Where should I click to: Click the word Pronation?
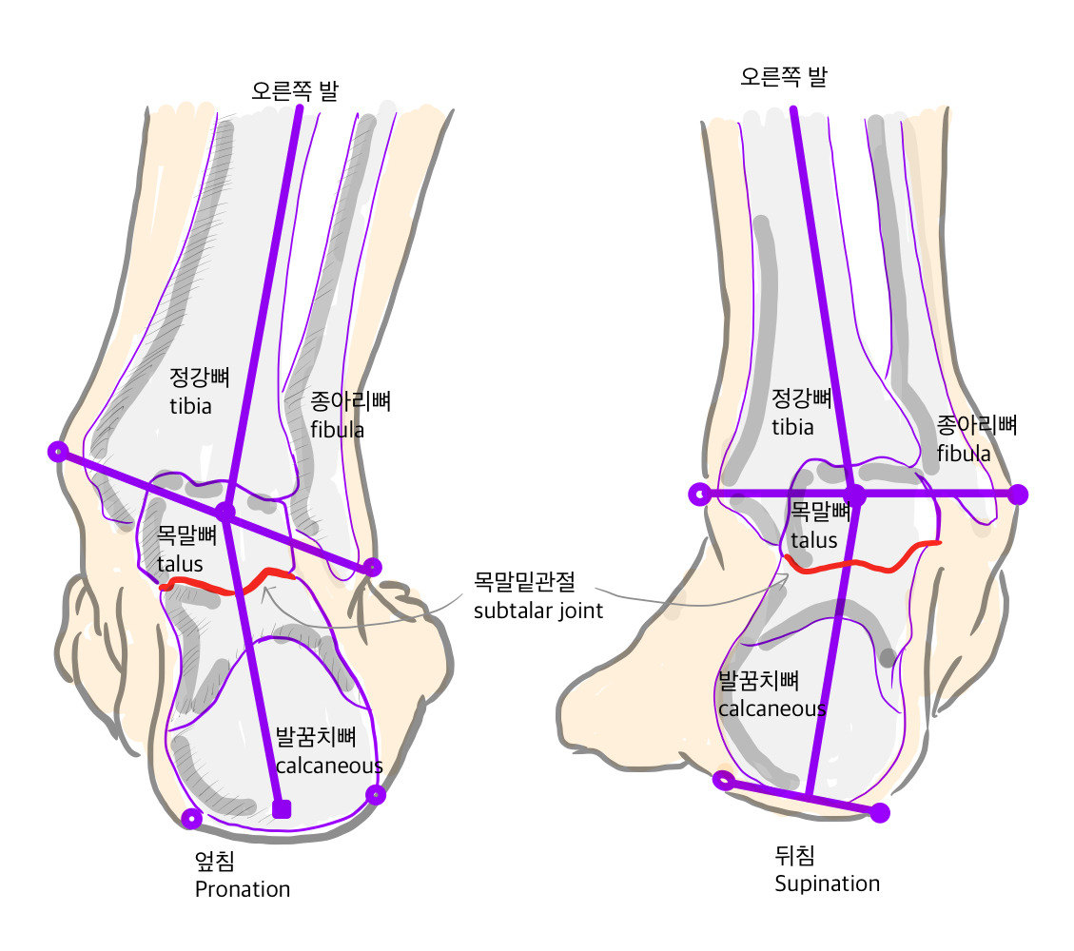242,890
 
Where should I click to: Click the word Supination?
827,884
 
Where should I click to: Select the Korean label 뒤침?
794,856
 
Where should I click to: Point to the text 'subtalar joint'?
537,611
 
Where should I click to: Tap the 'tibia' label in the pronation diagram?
190,406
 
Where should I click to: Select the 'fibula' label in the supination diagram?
963,454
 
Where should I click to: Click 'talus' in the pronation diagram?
180,564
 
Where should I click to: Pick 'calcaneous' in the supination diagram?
771,708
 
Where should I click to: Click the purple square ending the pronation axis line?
281,809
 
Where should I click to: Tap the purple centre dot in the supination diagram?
854,495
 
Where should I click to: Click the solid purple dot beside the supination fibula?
1018,494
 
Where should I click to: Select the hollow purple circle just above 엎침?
192,817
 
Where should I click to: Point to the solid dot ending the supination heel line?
880,812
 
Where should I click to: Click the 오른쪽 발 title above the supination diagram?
783,77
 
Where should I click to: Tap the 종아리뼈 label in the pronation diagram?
351,401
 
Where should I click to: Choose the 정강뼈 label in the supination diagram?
801,398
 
